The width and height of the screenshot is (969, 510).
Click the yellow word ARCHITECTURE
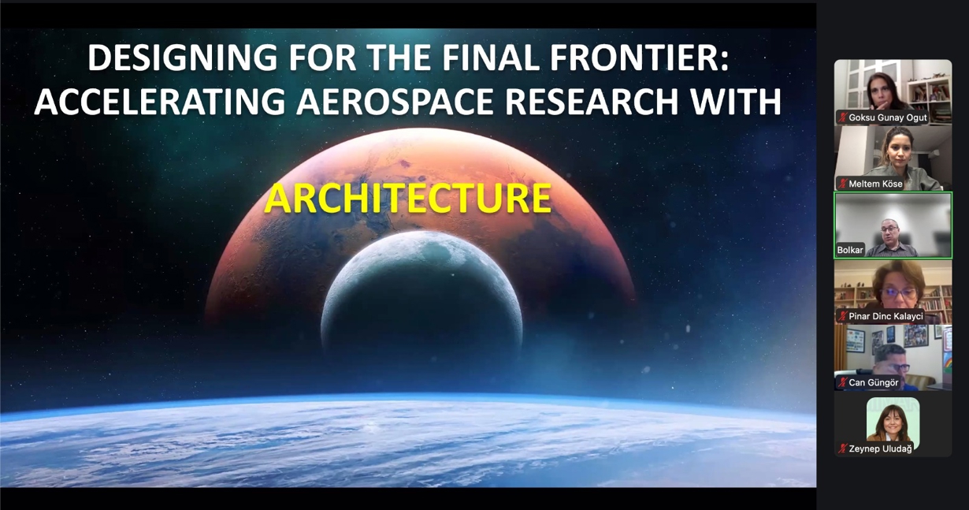coord(407,199)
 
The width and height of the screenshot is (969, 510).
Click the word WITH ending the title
coord(741,102)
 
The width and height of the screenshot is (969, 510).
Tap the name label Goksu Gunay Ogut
coord(888,117)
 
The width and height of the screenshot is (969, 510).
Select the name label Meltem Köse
coord(875,184)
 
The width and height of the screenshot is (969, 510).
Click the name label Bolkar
coord(850,250)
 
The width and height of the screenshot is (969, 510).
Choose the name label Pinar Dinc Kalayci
coord(885,316)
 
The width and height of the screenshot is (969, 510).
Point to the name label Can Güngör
coord(873,382)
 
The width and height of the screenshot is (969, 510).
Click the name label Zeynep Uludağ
coord(879,449)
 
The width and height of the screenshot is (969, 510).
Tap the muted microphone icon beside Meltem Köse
coord(842,184)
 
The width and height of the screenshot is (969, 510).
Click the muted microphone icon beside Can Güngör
coord(842,382)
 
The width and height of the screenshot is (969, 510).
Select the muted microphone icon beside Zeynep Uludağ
coord(842,449)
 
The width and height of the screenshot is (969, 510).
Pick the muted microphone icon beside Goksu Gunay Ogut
coord(842,117)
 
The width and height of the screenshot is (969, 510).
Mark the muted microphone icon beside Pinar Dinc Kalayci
coord(842,316)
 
